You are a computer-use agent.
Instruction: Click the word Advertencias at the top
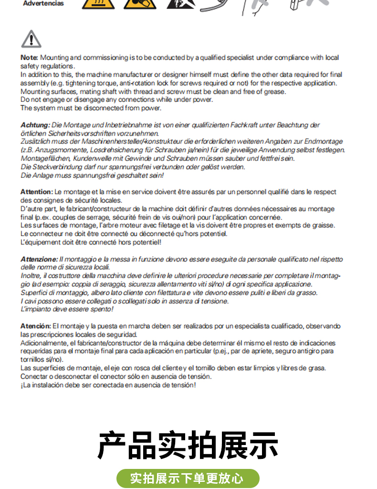pyautogui.click(x=43, y=3)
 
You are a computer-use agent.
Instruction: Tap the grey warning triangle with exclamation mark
pyautogui.click(x=31, y=39)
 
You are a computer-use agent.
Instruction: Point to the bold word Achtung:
pyautogui.click(x=35, y=125)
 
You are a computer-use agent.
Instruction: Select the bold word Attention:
pyautogui.click(x=37, y=192)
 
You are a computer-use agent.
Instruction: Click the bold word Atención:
pyautogui.click(x=36, y=326)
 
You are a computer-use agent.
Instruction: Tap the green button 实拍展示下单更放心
pyautogui.click(x=188, y=478)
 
